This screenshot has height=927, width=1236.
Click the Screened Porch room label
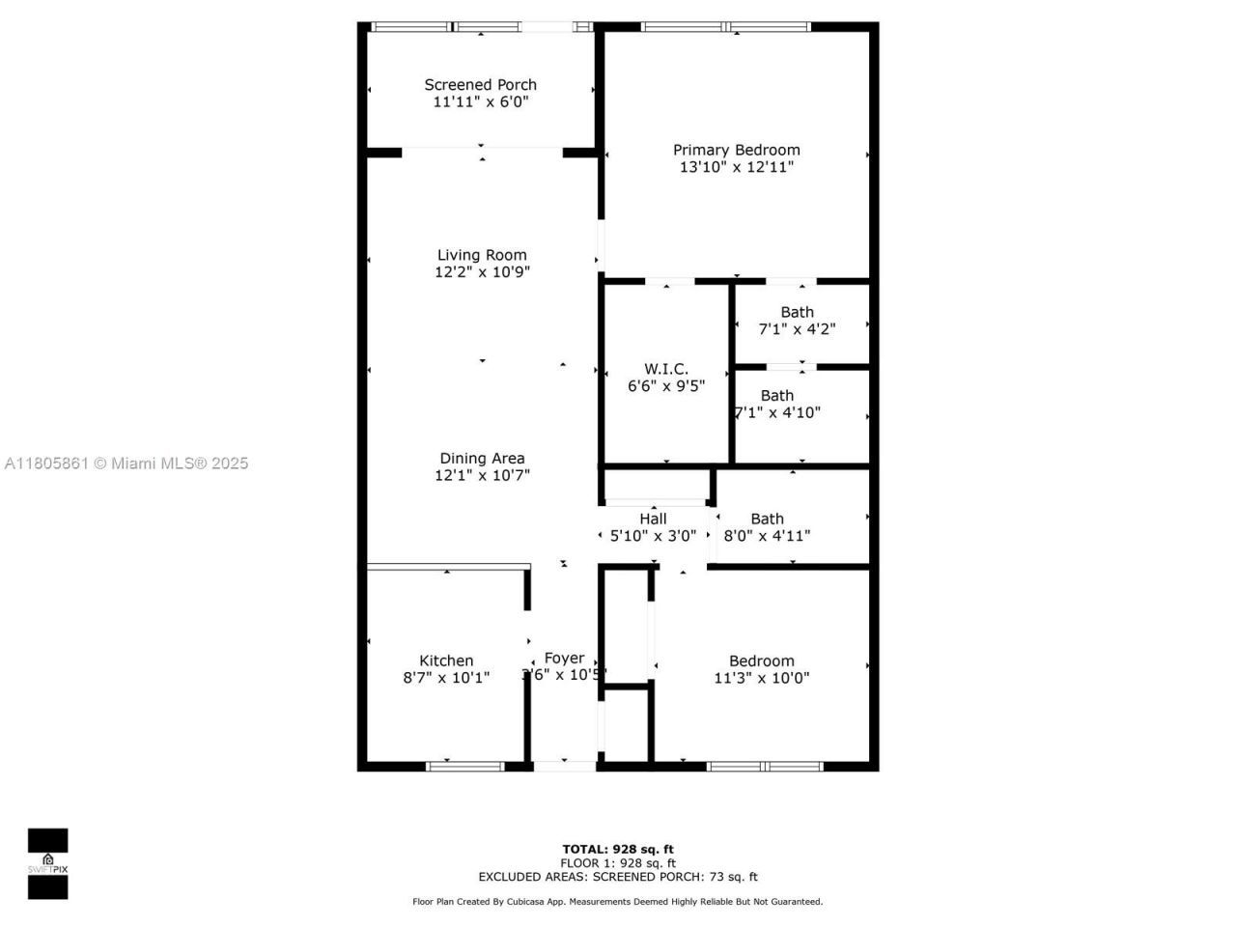pos(480,85)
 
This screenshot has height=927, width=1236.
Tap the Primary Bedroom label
pos(736,150)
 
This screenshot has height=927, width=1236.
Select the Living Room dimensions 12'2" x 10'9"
pos(482,272)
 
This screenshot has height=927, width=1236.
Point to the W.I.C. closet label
pos(666,369)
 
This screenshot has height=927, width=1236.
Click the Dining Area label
pos(482,459)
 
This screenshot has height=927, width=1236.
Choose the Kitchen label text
pos(446,661)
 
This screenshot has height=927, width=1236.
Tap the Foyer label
pos(564,659)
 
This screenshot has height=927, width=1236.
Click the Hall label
pos(653,519)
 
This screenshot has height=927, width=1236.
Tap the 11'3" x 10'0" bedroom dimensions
pos(762,678)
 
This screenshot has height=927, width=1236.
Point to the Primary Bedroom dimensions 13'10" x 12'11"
pos(736,167)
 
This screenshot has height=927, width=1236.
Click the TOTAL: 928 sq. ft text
pos(618,850)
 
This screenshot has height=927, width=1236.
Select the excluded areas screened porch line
pos(618,877)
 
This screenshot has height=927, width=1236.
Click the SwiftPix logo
pos(47,863)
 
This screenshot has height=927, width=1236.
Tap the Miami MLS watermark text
pos(126,463)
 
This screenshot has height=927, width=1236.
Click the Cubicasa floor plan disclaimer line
pos(618,902)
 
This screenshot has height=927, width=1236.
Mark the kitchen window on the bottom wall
pos(465,766)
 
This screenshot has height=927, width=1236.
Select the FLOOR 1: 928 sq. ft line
pos(618,863)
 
